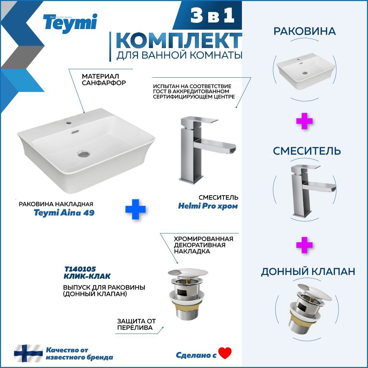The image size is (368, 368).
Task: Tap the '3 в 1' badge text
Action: click(212, 15)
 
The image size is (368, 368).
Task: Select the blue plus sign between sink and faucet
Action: click(135, 209)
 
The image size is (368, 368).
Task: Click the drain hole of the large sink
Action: click(84, 154)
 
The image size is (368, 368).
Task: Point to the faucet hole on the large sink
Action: click(68, 123)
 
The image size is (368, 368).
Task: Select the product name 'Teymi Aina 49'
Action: click(64, 212)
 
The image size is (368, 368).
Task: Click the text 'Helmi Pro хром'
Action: click(208, 206)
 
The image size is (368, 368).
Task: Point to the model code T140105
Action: click(80, 269)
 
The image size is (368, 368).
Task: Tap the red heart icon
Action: click(225, 353)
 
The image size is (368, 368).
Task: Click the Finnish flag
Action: click(28, 353)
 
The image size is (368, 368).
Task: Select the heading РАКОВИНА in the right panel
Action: click(305, 31)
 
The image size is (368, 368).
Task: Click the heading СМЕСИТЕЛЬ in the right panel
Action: click(307, 151)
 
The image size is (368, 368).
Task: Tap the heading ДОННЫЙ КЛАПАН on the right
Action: click(308, 272)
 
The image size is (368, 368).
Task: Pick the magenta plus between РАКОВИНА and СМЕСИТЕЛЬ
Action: click(304, 121)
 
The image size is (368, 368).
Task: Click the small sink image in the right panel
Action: click(305, 71)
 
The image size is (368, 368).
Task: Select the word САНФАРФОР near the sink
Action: click(104, 83)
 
